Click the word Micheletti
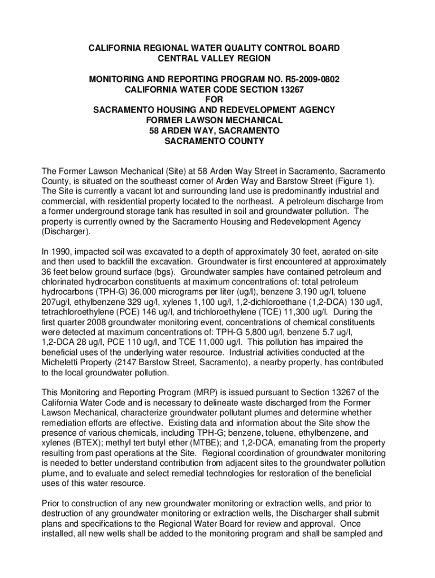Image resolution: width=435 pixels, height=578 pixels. [63, 362]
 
